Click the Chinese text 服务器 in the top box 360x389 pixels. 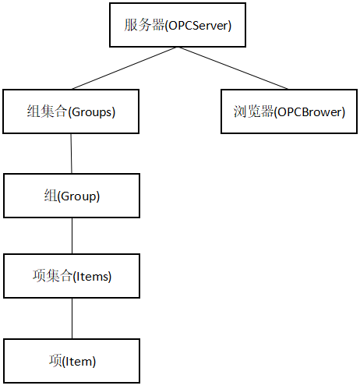[143, 25]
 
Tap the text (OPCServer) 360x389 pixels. [198, 25]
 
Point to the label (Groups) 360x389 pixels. [92, 111]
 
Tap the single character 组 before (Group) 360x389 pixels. [51, 196]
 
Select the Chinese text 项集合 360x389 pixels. [53, 276]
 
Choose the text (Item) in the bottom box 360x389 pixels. [80, 361]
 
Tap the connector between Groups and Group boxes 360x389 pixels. [72, 153]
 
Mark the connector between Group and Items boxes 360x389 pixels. [72, 235]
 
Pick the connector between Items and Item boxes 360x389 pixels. [72, 318]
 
